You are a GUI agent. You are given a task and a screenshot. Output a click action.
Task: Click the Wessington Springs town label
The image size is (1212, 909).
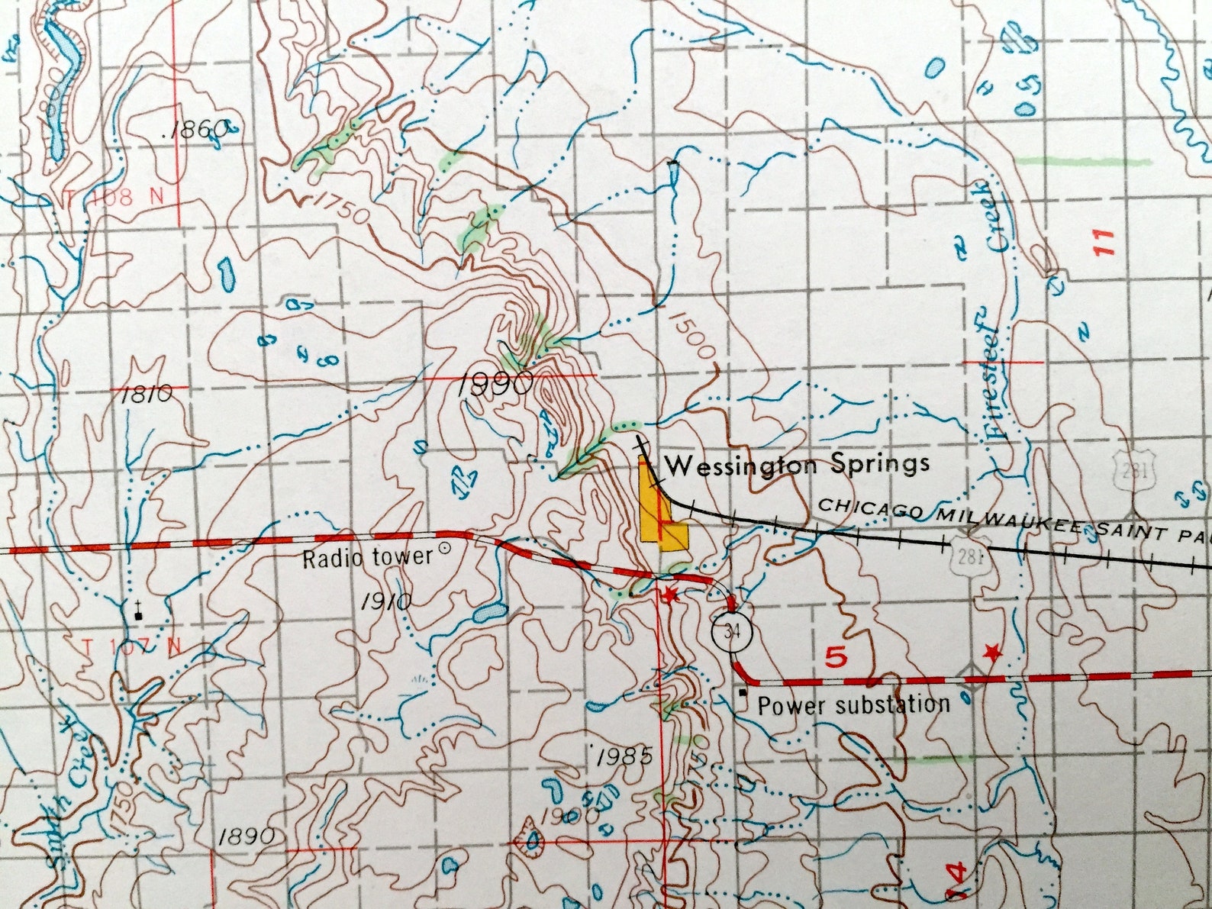[798, 465]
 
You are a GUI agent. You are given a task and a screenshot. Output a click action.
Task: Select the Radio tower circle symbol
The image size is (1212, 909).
[446, 549]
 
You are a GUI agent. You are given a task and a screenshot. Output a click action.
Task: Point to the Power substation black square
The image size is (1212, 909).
[743, 693]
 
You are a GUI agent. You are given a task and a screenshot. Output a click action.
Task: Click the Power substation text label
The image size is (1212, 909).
[853, 704]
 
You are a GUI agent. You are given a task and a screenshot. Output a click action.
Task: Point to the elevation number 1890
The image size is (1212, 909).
[246, 836]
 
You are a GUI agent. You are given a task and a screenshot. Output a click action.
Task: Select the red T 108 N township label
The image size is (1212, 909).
[114, 197]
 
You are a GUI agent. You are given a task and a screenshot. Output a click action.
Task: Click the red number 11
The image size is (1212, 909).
[1104, 242]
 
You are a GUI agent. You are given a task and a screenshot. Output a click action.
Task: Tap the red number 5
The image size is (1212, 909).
[836, 657]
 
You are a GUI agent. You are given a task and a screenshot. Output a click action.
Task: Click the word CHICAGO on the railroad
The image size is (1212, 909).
[864, 511]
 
